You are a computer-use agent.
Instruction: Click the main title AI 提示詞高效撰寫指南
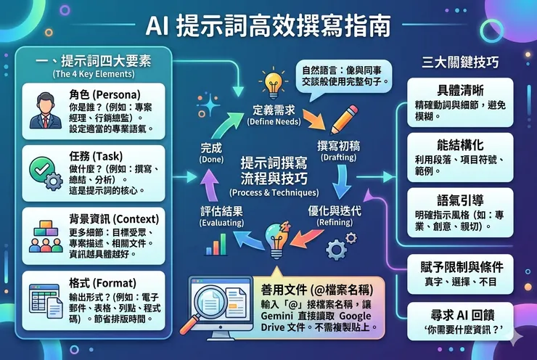coord(268,27)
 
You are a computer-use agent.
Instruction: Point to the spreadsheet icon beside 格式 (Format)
coord(43,298)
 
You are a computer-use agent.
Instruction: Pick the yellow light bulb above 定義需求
coord(273,83)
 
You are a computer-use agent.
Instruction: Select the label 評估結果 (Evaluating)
coord(222,211)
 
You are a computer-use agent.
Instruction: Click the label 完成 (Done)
coord(210,148)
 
